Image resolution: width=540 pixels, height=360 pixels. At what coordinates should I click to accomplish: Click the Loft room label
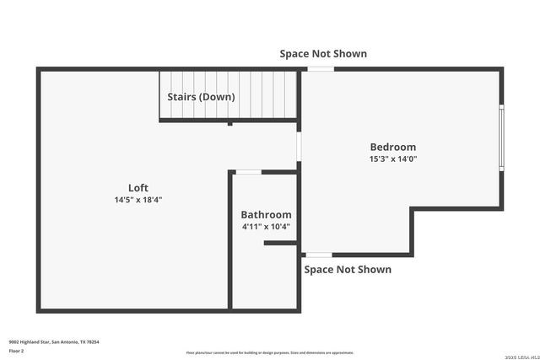pos(138,187)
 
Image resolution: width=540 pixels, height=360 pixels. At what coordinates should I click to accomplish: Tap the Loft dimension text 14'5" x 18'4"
pos(138,200)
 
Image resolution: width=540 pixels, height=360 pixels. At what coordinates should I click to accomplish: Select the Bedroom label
pos(392,147)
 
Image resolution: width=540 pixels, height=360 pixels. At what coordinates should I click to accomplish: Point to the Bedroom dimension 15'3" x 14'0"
pos(392,159)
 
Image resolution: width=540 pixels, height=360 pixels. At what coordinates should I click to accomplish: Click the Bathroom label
pos(266,215)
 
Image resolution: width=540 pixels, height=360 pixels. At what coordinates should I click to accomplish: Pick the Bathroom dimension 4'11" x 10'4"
pos(266,227)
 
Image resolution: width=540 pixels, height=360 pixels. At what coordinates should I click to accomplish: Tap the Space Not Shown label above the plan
pos(323,53)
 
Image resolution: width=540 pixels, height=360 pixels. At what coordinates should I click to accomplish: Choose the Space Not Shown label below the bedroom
pos(347,270)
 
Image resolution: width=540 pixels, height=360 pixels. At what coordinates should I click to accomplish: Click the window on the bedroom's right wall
pos(501,137)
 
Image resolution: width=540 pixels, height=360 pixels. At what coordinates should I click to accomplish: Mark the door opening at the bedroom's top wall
pos(321,69)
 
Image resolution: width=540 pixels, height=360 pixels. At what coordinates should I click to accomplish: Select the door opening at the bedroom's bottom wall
pos(318,255)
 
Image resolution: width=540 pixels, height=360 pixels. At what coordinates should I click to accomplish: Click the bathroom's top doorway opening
pos(248,172)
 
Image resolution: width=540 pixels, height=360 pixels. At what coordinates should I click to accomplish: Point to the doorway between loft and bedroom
pos(299,144)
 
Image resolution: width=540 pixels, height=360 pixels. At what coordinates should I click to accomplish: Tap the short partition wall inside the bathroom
pos(280,244)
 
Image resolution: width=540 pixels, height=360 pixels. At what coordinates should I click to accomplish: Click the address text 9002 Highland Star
pos(54,341)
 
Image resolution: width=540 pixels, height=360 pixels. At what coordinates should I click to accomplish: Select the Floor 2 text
pos(17,350)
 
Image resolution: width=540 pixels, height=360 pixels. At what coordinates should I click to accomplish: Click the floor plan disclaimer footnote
pos(269,353)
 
